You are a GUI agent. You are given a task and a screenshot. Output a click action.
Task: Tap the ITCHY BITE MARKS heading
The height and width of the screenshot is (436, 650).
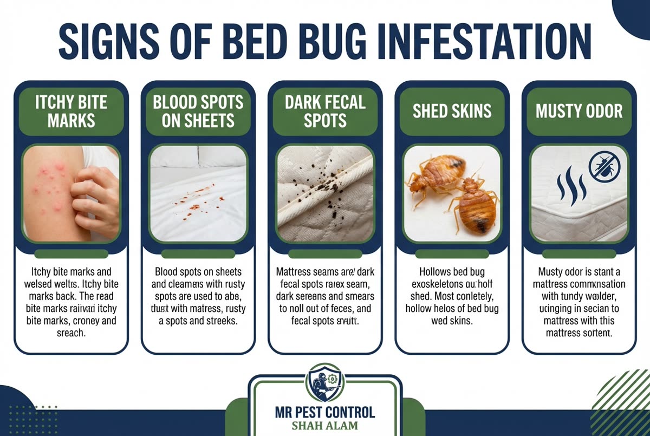click(x=71, y=111)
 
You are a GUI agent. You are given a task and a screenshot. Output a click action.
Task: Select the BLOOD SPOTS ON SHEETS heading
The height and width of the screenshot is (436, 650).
click(x=198, y=111)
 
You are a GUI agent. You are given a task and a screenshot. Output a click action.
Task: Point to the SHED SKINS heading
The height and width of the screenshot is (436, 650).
click(x=452, y=111)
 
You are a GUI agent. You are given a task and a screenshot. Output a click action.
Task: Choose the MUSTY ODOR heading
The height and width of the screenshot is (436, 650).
click(x=579, y=111)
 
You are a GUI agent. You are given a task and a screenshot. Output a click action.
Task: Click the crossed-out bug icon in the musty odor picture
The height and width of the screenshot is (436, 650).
click(x=603, y=166)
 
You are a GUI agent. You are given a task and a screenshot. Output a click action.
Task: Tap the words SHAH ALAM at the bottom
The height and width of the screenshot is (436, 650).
click(x=325, y=425)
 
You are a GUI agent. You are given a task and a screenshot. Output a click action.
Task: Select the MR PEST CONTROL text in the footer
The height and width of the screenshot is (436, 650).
click(x=325, y=412)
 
